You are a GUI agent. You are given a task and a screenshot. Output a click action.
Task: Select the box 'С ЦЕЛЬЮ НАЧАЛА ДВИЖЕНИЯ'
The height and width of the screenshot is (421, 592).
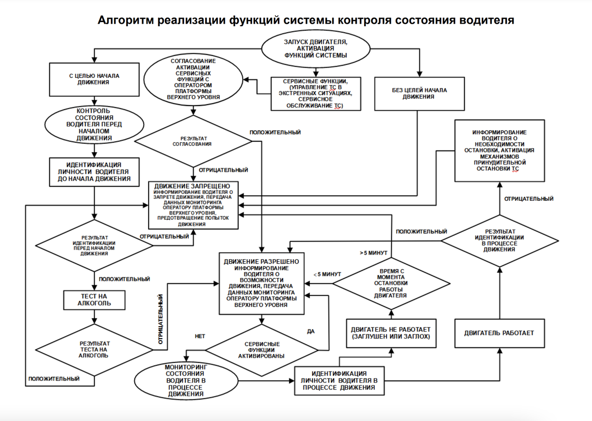pos(94,79)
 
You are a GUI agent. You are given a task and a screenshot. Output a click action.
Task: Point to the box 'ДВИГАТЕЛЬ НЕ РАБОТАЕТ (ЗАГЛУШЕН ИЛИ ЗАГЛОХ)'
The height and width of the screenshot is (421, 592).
pos(391,332)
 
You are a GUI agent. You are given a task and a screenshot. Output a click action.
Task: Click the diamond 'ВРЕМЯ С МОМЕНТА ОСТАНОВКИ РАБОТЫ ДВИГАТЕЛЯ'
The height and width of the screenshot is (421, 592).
pos(391,283)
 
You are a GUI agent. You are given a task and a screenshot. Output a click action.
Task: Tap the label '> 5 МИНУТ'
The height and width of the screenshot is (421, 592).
pos(374,253)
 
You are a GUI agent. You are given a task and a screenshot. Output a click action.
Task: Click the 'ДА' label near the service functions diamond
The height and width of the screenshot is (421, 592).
pos(311,331)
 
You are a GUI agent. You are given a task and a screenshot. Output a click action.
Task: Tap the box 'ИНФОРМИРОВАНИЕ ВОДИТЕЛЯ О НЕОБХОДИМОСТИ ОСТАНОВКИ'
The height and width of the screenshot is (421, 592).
pos(499,151)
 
